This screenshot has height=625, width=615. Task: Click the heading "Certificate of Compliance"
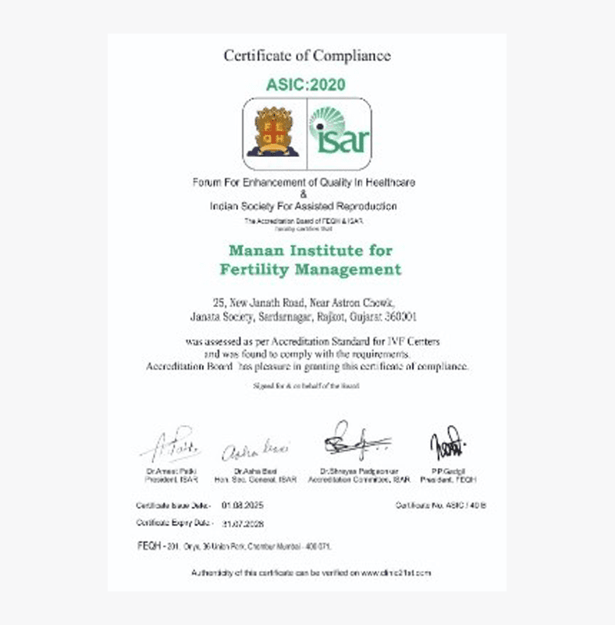[307, 55]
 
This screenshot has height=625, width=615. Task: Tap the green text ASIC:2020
[307, 84]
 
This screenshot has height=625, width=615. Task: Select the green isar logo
[339, 133]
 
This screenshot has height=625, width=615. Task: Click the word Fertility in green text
[251, 270]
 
